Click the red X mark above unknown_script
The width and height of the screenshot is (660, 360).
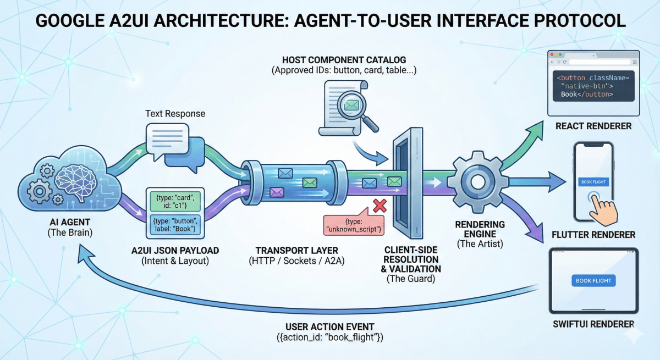[x=379, y=206]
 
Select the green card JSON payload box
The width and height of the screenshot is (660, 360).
[x=174, y=201]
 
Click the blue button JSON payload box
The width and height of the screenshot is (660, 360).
[x=174, y=224]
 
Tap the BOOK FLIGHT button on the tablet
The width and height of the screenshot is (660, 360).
[x=593, y=280]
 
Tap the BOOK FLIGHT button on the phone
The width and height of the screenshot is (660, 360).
[x=593, y=181]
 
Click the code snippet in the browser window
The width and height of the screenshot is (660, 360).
[x=593, y=86]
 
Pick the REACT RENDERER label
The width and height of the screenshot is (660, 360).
[x=593, y=126]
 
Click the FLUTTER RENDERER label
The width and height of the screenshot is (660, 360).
[x=593, y=235]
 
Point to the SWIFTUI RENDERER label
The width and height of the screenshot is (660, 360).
[x=593, y=324]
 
